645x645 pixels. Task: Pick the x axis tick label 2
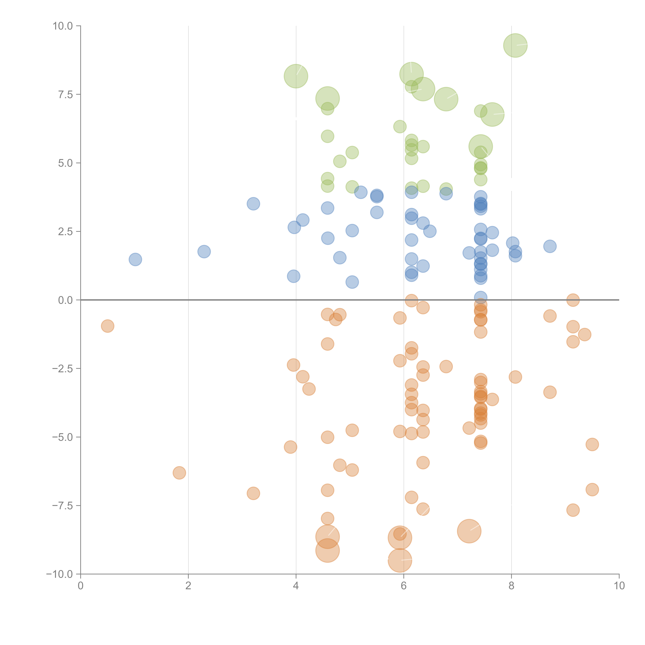(188, 586)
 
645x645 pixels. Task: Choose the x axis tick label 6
(404, 586)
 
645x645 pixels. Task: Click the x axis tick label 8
(511, 586)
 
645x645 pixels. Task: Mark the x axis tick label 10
(619, 586)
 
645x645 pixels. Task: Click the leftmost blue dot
(135, 259)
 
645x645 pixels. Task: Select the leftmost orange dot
(107, 326)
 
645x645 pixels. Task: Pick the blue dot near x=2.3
(204, 251)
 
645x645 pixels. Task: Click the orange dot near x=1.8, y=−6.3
(179, 473)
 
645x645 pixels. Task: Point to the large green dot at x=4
(296, 76)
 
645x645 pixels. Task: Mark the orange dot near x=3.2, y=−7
(253, 493)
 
